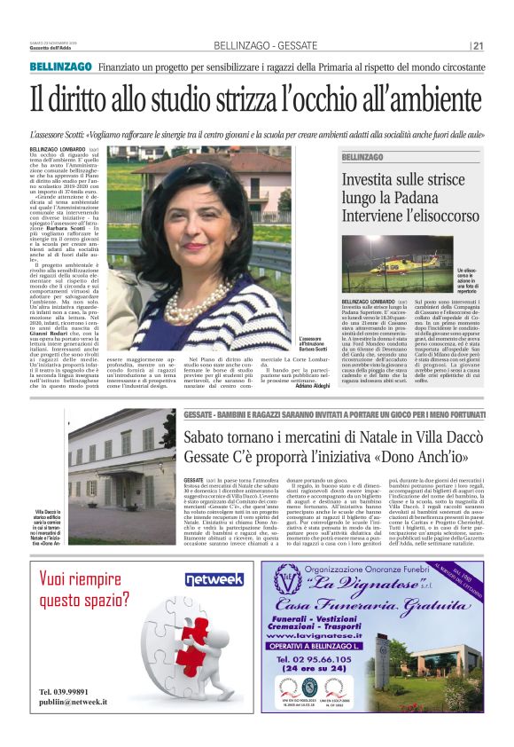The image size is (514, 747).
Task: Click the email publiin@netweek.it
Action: click(x=74, y=701)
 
